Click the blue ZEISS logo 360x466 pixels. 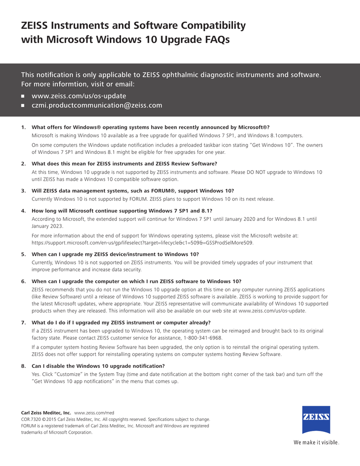pos(316,419)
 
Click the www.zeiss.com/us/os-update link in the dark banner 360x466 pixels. pos(79,96)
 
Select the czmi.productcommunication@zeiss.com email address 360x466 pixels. pos(97,106)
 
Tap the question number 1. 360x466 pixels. pos(23,127)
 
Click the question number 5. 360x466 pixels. pos(23,254)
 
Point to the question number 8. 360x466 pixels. pos(23,366)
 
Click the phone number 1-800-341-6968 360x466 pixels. pos(203,338)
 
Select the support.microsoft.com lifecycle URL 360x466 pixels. pos(142,243)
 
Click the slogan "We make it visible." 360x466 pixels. pos(316,442)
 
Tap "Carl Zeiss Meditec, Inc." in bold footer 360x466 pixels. pos(46,412)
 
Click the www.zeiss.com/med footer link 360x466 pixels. pos(94,412)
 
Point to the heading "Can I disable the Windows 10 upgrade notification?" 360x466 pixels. pos(98,366)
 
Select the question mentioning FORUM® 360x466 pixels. pos(132,191)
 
